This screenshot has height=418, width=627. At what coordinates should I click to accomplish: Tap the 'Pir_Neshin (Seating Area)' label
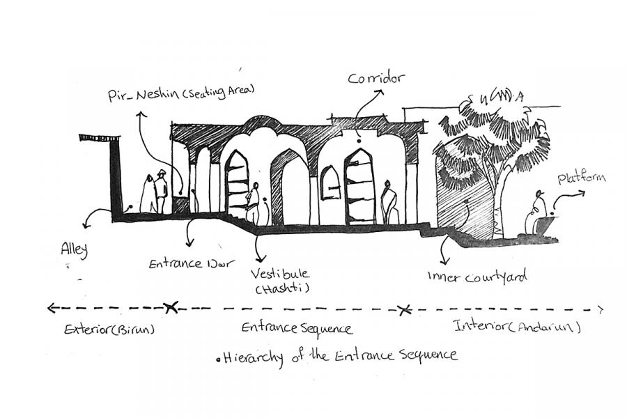pos(181,92)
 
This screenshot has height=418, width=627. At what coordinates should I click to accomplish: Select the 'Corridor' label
pos(376,79)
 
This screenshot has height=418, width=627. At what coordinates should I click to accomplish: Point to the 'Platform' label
pos(581,179)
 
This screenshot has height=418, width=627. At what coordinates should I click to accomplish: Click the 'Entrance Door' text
pos(192,264)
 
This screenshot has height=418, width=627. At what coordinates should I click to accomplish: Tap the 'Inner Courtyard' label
pos(477,277)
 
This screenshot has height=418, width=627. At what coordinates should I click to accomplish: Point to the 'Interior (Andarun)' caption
pos(517,326)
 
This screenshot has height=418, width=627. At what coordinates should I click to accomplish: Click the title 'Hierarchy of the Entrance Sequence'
pos(340,355)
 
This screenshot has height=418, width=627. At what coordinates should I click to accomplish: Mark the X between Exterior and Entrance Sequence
pos(169,307)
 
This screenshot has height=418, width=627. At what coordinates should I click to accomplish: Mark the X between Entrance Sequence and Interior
pos(402,309)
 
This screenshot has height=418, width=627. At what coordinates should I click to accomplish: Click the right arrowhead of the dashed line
pos(601,309)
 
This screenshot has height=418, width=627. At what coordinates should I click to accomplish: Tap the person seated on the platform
pos(537,212)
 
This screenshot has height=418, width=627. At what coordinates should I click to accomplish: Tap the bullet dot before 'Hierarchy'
pos(218,359)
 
